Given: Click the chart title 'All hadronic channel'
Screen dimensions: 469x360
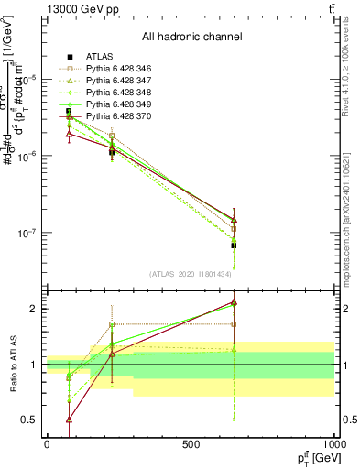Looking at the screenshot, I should [191, 37].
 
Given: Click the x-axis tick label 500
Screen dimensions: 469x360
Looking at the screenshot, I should [191, 444].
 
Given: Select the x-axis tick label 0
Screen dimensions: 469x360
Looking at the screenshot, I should [47, 444].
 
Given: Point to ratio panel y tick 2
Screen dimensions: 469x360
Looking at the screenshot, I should [32, 309].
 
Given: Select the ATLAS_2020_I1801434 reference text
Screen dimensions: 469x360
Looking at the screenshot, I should [191, 274].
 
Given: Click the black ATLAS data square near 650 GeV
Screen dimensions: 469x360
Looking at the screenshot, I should [234, 245].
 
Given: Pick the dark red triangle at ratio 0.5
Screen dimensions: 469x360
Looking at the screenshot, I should [70, 420].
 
